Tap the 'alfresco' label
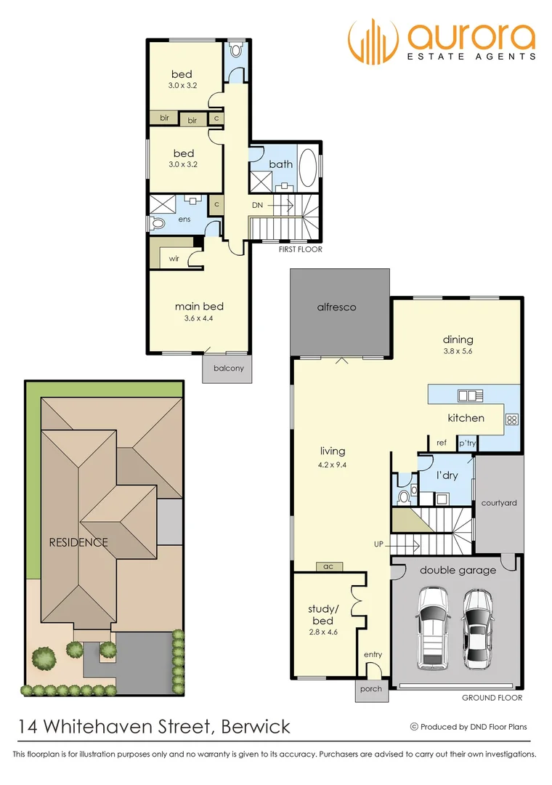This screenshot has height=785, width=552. [x=336, y=307]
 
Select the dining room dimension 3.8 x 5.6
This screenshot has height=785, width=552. [x=458, y=352]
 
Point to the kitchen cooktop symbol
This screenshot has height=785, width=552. [x=511, y=419]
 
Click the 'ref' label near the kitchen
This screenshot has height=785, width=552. [x=441, y=443]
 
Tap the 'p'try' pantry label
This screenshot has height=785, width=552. [x=466, y=443]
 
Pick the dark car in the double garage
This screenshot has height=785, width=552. [x=479, y=627]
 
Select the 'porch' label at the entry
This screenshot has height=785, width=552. [x=370, y=689]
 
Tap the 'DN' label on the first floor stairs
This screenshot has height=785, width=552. [x=257, y=206]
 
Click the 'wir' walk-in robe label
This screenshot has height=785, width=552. [x=174, y=257]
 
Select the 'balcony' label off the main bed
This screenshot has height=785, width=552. [x=228, y=368]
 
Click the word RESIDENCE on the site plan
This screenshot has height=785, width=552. [x=78, y=542]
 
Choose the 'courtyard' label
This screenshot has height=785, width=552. [x=498, y=502]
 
